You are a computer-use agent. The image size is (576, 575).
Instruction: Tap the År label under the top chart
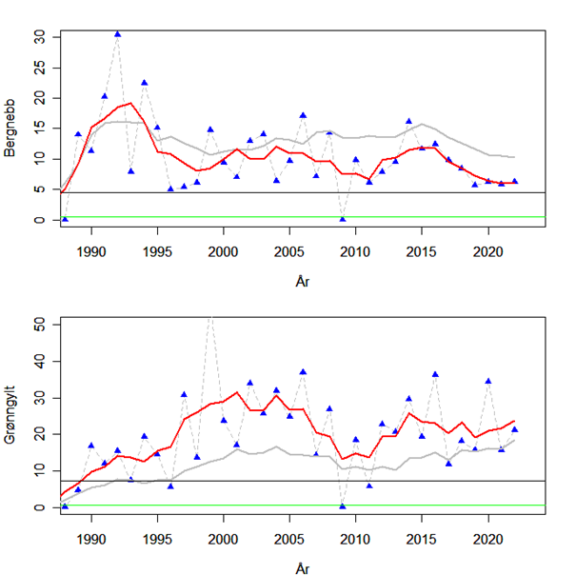pos(302,281)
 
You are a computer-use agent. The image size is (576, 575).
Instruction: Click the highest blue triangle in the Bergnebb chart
pos(117,33)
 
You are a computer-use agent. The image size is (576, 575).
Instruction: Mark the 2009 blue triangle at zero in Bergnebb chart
pos(343,219)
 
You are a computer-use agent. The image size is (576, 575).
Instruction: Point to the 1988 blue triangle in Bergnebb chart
pos(65,219)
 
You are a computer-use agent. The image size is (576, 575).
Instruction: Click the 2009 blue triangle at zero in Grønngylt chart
pos(343,506)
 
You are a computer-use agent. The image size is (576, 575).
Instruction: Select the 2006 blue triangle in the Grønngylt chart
pos(303,371)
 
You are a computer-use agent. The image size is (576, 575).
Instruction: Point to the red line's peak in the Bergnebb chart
pos(130,103)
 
